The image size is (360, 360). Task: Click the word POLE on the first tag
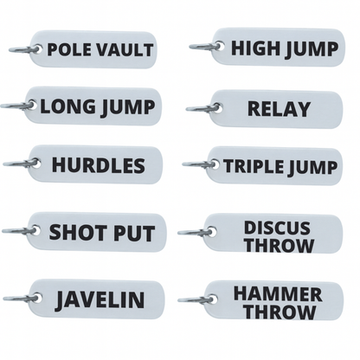click(67, 49)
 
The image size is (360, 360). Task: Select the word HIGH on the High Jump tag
click(253, 47)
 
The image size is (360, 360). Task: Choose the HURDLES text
click(98, 164)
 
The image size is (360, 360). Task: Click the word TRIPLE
click(252, 165)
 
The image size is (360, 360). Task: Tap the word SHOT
click(76, 233)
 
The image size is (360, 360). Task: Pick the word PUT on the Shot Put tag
click(132, 233)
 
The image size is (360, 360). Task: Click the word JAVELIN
click(100, 300)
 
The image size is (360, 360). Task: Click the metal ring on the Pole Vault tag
click(24, 49)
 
